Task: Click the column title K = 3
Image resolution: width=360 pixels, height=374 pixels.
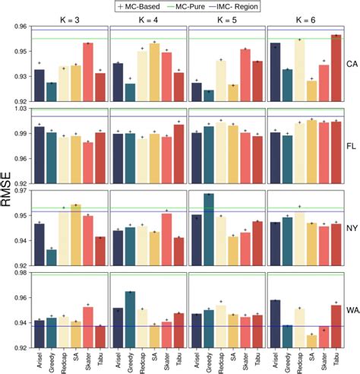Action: pyautogui.click(x=71, y=18)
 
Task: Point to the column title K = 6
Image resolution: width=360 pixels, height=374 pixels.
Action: pyautogui.click(x=302, y=18)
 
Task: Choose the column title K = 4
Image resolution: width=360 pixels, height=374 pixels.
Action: pyautogui.click(x=147, y=18)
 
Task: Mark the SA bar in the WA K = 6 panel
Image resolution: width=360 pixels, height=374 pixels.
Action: pyautogui.click(x=311, y=341)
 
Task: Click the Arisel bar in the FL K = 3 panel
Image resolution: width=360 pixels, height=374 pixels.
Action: pyautogui.click(x=39, y=144)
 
